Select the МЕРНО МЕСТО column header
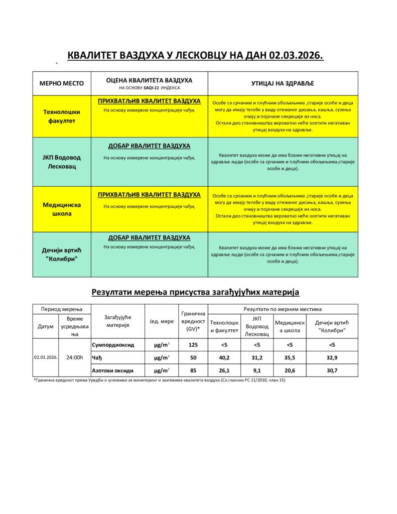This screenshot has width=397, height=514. pos(62,83)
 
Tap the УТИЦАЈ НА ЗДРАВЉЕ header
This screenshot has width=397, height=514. pos(283,83)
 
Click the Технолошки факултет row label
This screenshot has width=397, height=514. pos(62,116)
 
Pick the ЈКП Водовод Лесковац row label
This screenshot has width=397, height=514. pos(62,162)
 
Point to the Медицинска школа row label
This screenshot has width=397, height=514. pos(62,209)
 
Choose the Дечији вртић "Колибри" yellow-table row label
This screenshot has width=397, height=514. pos(62,254)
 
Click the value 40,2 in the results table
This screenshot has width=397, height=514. pos(224,357)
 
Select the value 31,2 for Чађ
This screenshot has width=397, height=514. pos(257,357)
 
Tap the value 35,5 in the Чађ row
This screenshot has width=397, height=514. pos(290,357)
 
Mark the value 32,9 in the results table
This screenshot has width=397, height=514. pos(332,357)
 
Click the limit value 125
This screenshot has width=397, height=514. pos(193,345)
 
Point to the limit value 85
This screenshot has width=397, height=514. pos(193,370)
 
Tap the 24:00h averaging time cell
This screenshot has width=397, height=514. pos(75,357)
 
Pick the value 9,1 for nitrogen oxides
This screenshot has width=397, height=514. pos(257,370)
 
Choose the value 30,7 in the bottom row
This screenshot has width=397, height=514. pos(332,370)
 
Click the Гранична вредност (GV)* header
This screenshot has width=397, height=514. pos(193,321)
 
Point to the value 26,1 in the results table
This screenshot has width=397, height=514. pos(224,370)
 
